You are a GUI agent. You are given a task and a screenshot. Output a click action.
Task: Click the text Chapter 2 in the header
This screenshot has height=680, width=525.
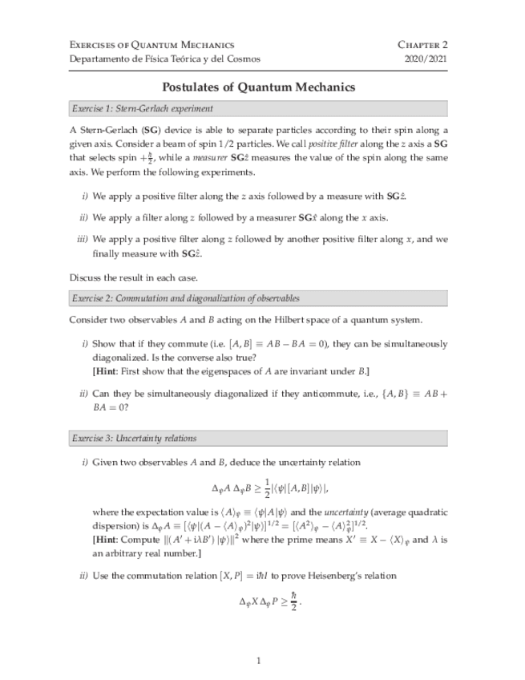(422, 45)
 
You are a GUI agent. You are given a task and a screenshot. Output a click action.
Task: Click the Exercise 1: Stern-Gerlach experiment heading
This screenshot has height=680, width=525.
(142, 108)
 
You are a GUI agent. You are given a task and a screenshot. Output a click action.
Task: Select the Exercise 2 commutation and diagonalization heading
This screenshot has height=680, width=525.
(185, 298)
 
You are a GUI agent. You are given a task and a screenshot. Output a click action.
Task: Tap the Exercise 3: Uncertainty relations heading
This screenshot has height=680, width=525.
(134, 439)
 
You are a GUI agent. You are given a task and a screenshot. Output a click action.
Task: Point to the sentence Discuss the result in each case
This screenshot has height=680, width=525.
(133, 277)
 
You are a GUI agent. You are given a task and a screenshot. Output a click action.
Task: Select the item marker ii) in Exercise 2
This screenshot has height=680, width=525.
(83, 394)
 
